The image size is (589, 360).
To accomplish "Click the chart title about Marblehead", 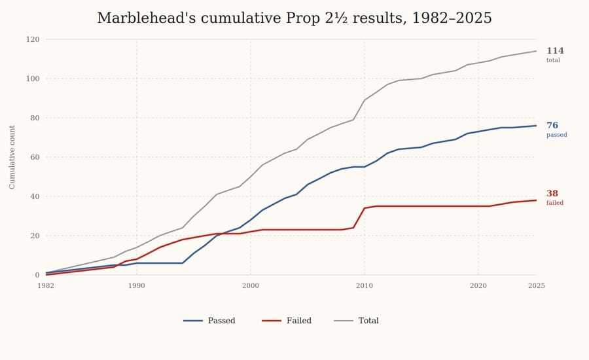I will point(294,18).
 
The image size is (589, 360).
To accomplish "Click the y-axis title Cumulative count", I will point(12,157).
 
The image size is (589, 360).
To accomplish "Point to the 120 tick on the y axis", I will point(33,39).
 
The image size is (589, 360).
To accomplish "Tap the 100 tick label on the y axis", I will point(33,79).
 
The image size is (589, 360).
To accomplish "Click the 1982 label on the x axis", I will point(46,286).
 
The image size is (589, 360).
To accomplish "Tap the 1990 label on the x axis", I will point(137,286).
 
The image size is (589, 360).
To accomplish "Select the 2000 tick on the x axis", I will point(251,286).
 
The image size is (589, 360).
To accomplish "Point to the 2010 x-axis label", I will point(365,286).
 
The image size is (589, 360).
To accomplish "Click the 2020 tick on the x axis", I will point(478,286).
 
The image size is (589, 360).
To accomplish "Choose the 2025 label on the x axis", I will point(536,286).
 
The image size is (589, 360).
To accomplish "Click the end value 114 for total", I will point(555,51).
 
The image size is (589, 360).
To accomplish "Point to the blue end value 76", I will point(552,126).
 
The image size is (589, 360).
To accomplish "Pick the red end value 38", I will point(552,194).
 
